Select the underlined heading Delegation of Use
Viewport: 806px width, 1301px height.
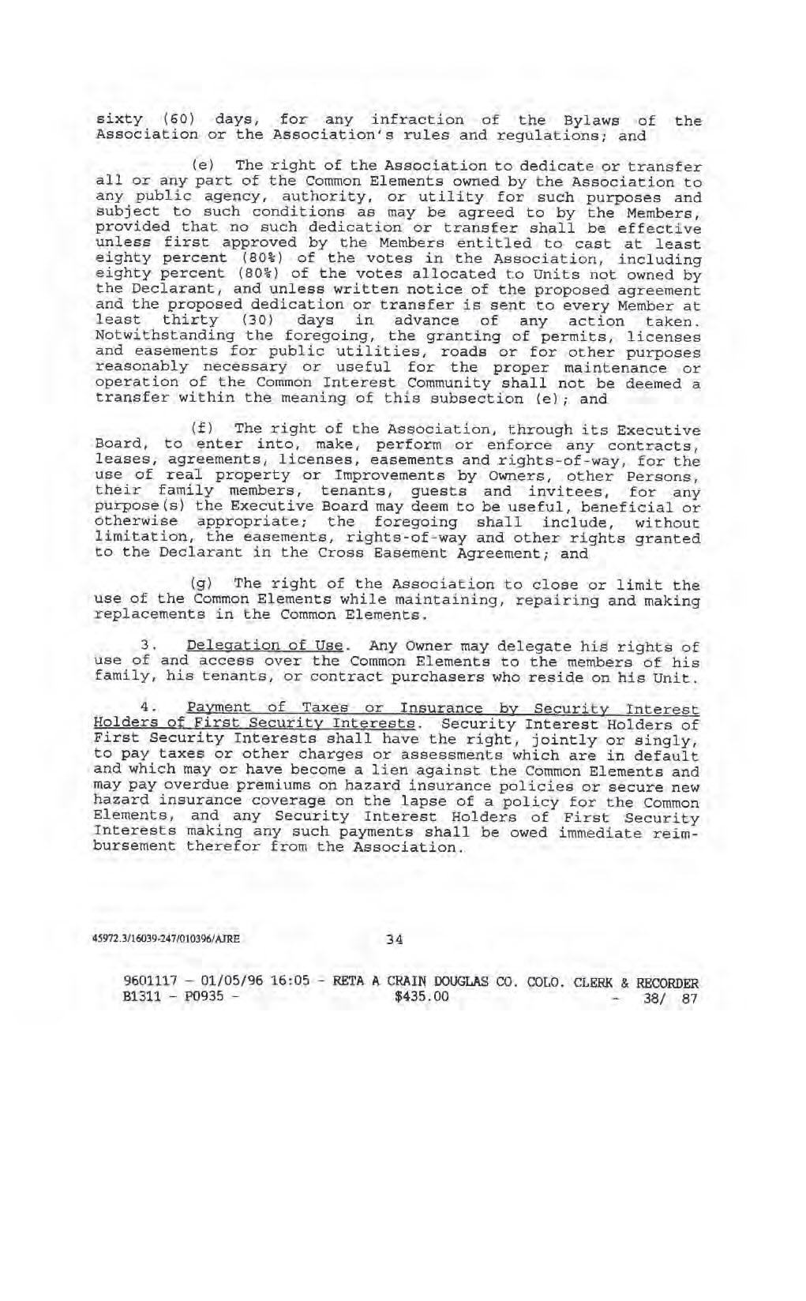tap(264, 647)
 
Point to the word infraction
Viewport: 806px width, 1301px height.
tap(418, 120)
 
